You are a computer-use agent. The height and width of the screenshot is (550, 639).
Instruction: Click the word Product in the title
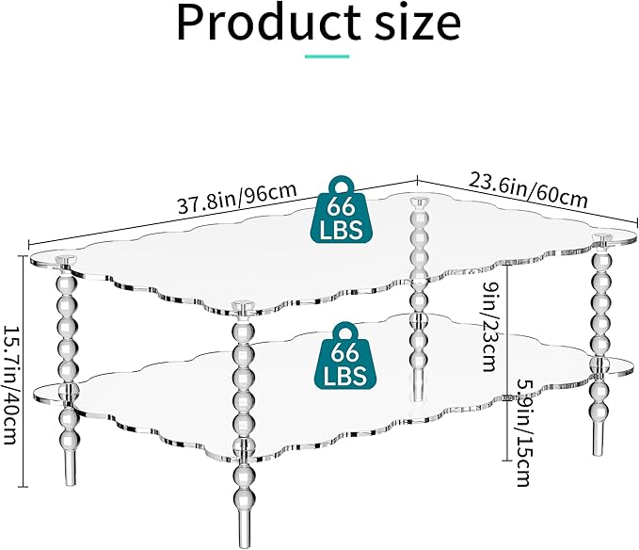coord(269,23)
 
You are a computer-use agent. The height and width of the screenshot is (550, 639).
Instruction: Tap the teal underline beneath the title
coord(327,57)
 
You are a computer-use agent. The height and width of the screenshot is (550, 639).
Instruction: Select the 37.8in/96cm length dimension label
coord(237,198)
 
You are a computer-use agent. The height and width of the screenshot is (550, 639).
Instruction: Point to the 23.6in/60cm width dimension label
coord(528,190)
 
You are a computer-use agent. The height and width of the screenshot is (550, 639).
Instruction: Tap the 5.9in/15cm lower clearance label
coord(523,432)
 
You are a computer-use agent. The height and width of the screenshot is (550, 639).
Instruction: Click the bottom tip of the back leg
coord(418,399)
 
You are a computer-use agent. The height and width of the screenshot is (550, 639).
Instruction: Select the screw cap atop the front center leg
coord(243,304)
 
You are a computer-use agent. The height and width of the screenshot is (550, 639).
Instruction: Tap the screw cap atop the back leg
coord(420,201)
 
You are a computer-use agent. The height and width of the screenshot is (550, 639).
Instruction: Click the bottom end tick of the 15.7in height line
coord(24,486)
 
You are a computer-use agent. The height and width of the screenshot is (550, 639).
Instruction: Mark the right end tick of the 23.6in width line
coord(636,222)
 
